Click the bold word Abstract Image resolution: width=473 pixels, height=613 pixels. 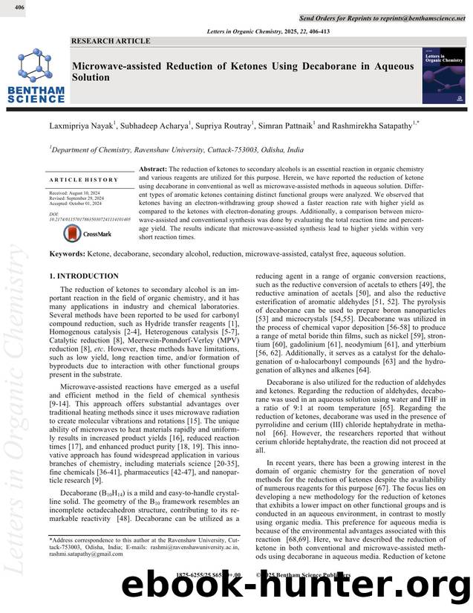[153, 170]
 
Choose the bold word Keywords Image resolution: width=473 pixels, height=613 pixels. [66, 254]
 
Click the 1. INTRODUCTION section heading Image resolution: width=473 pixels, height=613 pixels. [83, 276]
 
